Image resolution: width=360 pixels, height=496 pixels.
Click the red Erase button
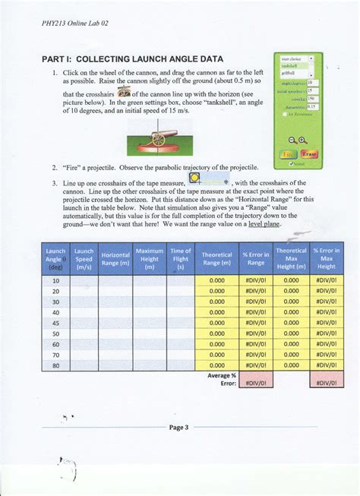310,153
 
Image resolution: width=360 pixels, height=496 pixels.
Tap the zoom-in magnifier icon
303,140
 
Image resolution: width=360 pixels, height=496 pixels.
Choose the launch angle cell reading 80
55,365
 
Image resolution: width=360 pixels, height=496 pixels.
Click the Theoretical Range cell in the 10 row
216,280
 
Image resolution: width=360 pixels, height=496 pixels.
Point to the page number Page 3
178,428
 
